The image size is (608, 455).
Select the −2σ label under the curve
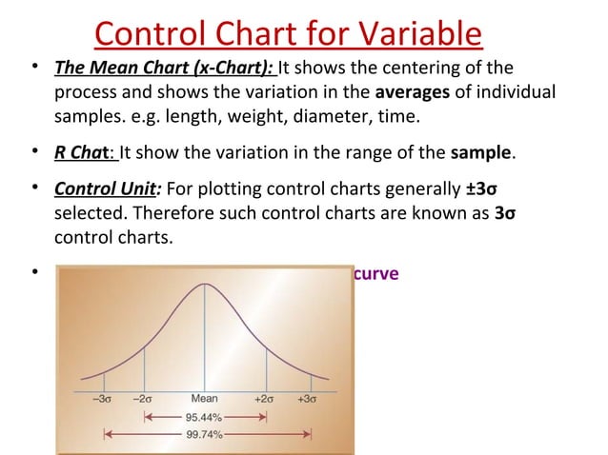coord(144,400)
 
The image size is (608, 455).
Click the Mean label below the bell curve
coord(204,400)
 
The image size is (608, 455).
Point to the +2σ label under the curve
coord(265,400)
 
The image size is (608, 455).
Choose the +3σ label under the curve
coord(306,400)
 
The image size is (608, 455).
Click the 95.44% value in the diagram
coord(204,417)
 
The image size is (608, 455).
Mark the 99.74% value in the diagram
coord(204,433)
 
